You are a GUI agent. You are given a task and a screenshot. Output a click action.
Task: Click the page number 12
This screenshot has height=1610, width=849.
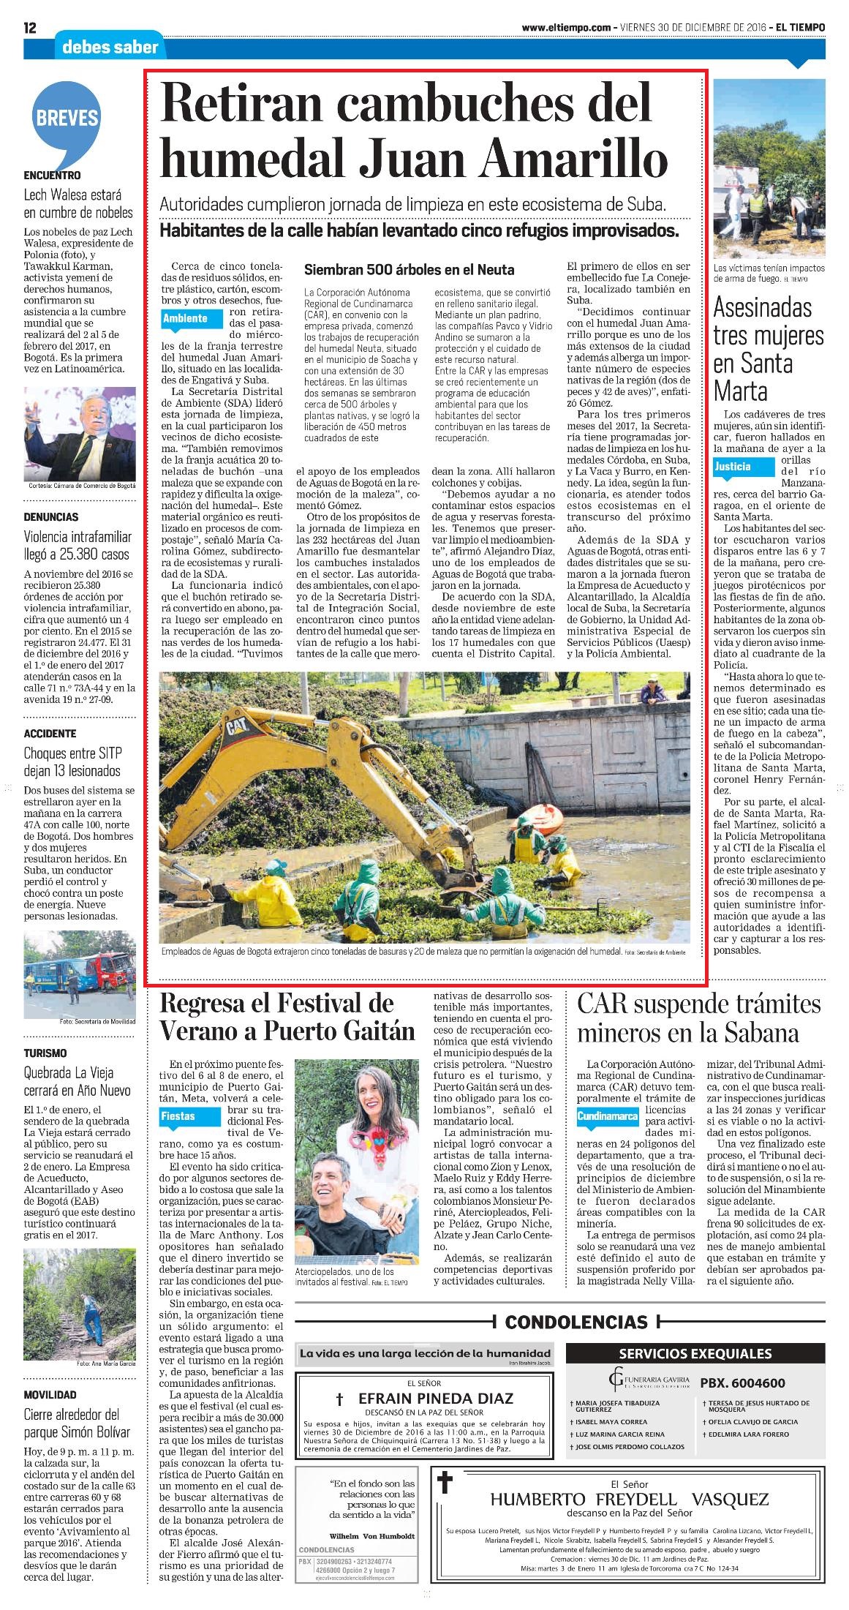coord(30,28)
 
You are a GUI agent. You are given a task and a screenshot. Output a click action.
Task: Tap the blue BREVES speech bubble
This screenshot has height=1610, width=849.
coord(67,119)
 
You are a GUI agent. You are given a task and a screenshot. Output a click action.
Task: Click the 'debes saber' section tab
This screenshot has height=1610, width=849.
coord(110,48)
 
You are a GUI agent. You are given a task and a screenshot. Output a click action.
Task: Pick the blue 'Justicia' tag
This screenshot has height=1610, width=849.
coord(733,466)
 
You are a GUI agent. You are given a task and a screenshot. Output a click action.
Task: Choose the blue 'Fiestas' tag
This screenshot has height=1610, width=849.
coord(179,1116)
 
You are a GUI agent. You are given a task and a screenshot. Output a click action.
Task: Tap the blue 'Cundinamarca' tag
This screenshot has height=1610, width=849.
coord(607,1117)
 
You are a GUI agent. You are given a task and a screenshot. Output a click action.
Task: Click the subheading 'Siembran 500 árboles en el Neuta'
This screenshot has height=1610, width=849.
coord(409,270)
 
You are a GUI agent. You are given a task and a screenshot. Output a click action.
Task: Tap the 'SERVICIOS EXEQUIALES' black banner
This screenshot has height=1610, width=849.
coord(695,1353)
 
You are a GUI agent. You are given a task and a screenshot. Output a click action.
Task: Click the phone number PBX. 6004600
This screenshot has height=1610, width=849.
coord(742,1383)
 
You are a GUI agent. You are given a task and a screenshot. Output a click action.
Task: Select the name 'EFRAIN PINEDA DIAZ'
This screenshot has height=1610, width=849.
coord(425,1398)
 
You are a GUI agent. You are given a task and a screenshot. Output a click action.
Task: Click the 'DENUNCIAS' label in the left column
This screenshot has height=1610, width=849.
coord(51,517)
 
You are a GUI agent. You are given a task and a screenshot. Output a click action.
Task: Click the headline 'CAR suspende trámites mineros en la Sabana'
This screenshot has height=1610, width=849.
coord(698,1018)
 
